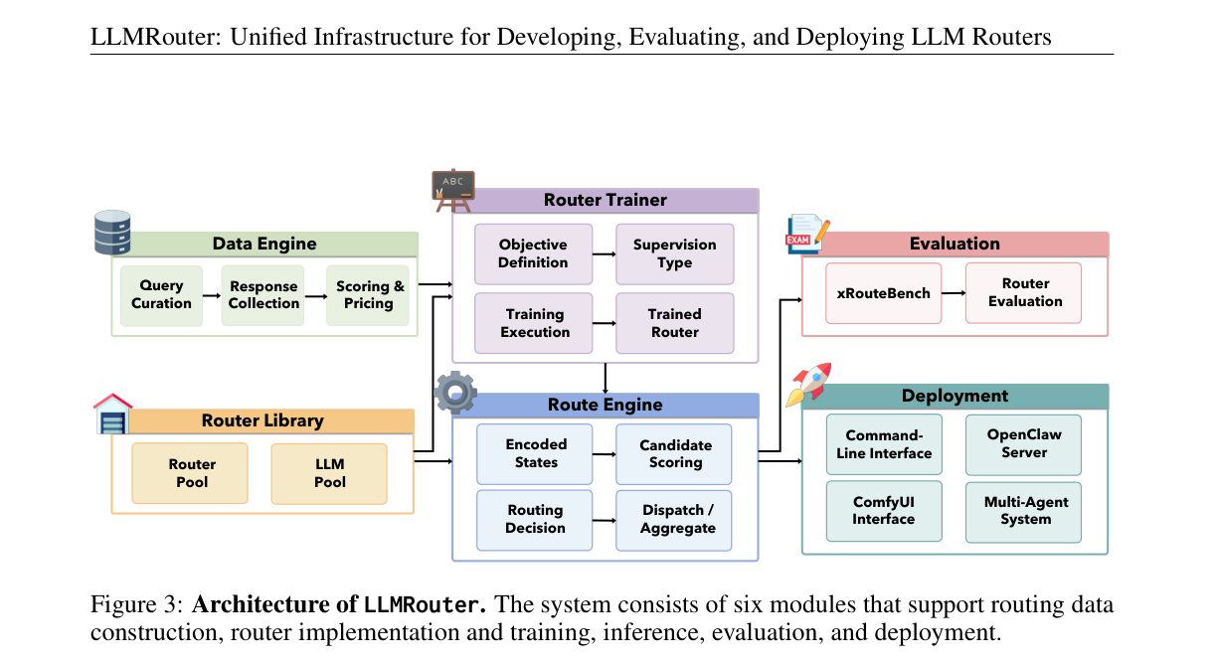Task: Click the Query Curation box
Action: (161, 296)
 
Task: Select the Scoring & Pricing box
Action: (368, 296)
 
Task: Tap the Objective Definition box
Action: (533, 254)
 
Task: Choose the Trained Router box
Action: (675, 323)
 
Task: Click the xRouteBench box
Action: (883, 293)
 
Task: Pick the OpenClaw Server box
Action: (1023, 444)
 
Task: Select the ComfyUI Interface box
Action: (884, 511)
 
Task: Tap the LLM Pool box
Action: (329, 473)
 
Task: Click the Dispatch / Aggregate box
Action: (674, 520)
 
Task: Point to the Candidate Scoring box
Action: (674, 454)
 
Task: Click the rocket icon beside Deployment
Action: (809, 385)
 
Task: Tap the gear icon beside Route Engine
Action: (455, 392)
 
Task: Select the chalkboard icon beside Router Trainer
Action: (453, 191)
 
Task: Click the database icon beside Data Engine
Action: (112, 233)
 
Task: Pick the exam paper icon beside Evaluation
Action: (807, 234)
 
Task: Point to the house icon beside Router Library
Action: (112, 414)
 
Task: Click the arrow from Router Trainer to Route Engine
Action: (606, 379)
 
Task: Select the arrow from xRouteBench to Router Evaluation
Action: (954, 293)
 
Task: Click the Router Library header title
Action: (262, 420)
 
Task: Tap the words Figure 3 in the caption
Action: (137, 604)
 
